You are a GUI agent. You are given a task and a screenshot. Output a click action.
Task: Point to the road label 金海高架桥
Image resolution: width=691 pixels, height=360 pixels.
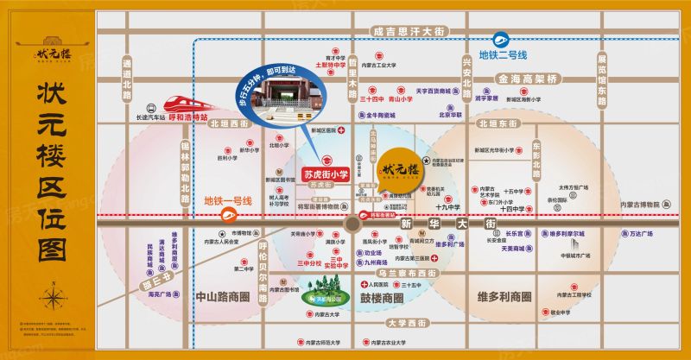click(x=526, y=79)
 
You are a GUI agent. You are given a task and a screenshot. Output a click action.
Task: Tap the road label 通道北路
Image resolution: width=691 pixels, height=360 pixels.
click(x=126, y=78)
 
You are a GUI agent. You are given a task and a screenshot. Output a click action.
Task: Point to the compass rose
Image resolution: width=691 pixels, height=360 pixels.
click(x=54, y=298)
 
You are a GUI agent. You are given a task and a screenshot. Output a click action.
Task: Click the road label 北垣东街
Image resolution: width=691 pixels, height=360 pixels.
click(x=496, y=123)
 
